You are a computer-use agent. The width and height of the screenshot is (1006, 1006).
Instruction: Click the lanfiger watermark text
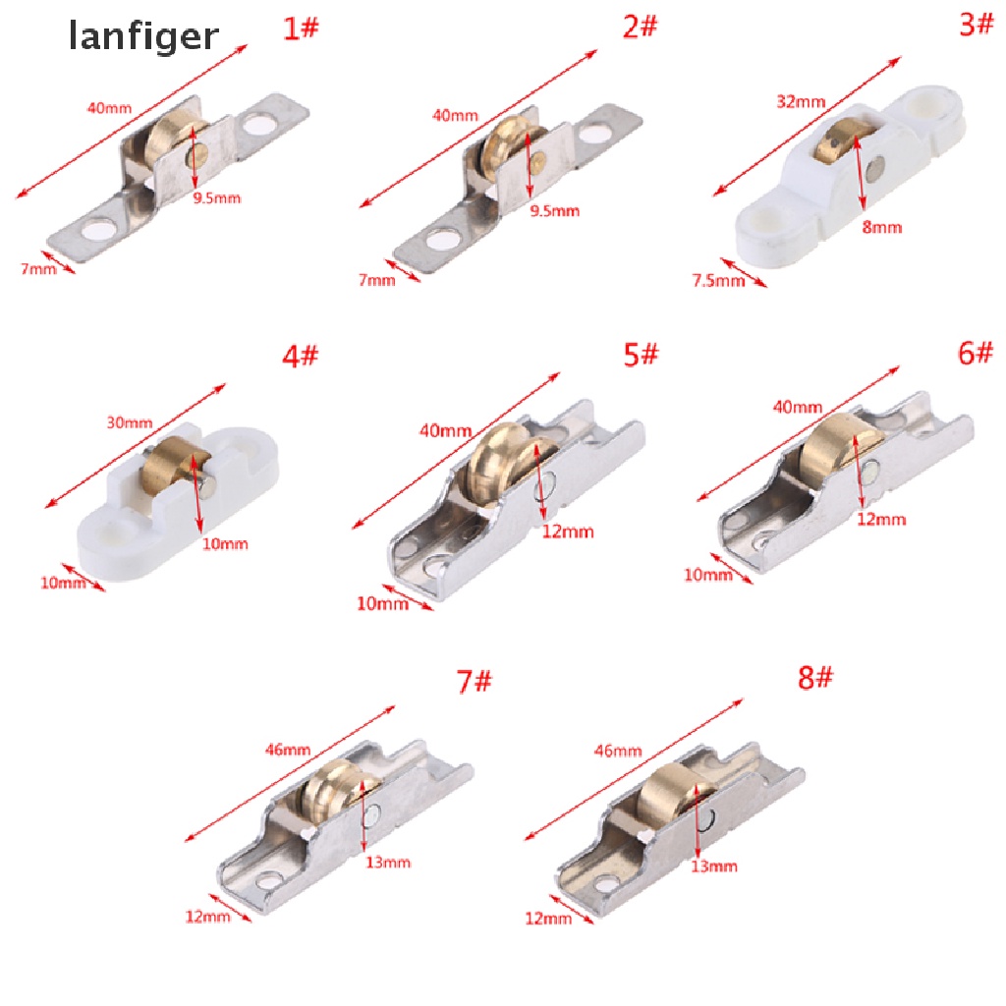(143, 37)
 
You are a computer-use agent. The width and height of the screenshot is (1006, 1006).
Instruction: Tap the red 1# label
(301, 28)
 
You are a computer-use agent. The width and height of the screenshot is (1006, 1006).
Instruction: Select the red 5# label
(642, 355)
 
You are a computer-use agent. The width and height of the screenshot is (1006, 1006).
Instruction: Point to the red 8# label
(814, 677)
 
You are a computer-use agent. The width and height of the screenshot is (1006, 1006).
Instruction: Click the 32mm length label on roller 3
(801, 101)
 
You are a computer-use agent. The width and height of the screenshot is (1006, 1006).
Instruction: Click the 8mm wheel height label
(882, 228)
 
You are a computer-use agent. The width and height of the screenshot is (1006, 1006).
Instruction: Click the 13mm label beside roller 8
(714, 866)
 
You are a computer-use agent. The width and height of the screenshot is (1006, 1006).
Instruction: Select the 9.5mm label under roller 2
(555, 210)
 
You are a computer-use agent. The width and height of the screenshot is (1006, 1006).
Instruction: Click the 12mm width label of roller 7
(207, 917)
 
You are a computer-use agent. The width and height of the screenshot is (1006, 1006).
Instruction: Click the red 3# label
(977, 25)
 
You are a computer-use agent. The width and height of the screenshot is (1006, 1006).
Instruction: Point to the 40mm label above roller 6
(798, 407)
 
